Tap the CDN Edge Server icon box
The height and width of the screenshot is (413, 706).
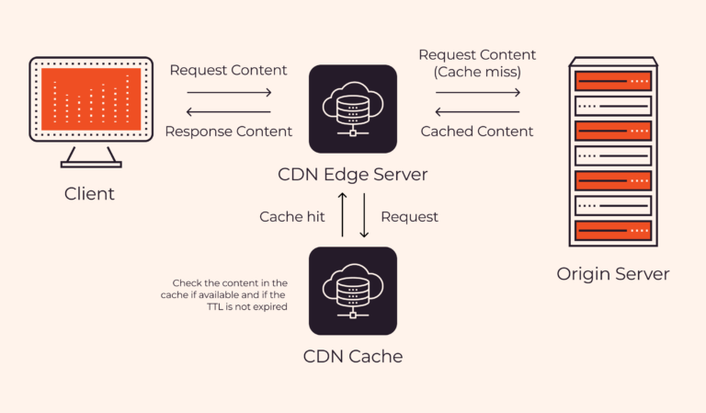click(353, 109)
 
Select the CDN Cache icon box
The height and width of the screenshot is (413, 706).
click(353, 291)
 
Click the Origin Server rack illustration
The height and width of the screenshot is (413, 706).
click(612, 153)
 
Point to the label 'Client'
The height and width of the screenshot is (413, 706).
click(90, 194)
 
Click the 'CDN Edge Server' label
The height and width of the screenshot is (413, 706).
click(353, 174)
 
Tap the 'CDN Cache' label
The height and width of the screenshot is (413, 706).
click(353, 356)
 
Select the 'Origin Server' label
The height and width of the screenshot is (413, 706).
click(613, 274)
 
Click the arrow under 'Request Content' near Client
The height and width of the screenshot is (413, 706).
click(229, 92)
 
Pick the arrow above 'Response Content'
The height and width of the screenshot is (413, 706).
click(229, 111)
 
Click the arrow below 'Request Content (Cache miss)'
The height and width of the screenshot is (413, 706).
click(477, 92)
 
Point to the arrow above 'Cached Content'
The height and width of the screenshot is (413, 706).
click(477, 111)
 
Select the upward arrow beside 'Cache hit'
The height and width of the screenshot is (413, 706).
click(343, 217)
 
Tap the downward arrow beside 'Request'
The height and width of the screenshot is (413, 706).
click(363, 217)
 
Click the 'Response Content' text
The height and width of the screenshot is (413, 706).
click(229, 132)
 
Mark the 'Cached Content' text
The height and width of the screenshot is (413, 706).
click(477, 132)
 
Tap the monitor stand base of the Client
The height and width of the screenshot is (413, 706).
click(90, 164)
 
